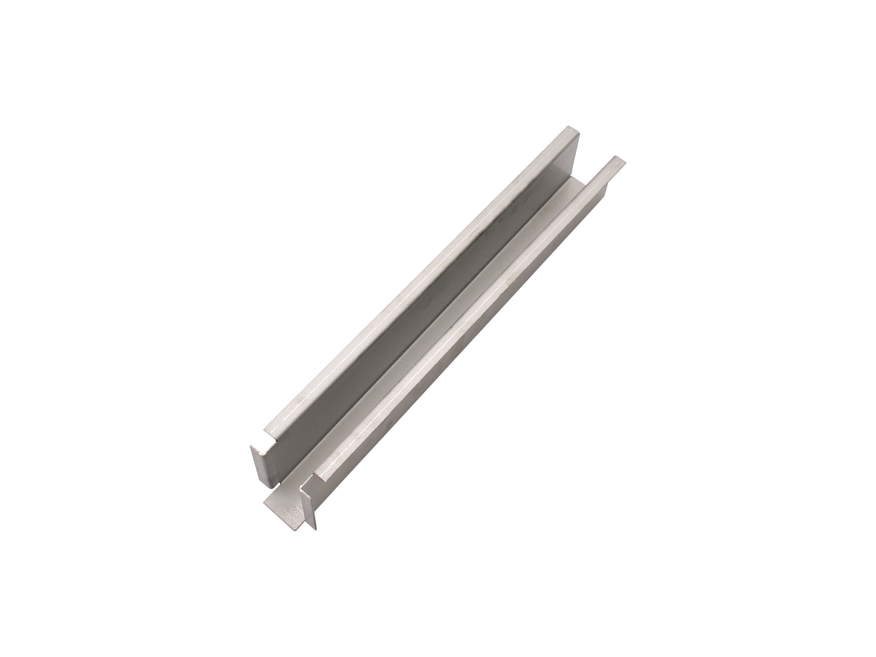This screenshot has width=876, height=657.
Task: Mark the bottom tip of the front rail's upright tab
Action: point(313,527)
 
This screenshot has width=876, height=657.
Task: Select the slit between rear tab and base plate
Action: point(274,484)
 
